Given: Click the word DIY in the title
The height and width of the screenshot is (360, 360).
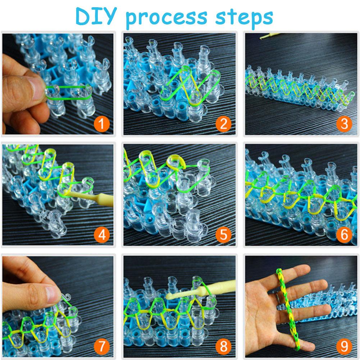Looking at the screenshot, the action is [x=96, y=16].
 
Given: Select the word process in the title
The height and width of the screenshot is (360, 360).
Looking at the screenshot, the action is [x=167, y=18].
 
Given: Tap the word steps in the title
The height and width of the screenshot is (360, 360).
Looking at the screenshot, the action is [x=244, y=18].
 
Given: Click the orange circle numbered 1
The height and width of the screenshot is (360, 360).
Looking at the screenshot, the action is [x=102, y=124].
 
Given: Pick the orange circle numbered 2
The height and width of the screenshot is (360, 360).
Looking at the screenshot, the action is [x=223, y=124].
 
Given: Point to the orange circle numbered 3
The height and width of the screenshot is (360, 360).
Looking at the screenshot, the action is [x=344, y=124].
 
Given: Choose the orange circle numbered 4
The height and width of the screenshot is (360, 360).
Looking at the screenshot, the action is [x=102, y=235].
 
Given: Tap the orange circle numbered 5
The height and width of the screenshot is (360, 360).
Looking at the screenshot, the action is [x=223, y=235].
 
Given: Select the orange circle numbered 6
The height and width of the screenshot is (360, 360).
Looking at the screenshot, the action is [x=344, y=235].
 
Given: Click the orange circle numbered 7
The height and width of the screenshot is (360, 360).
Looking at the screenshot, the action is [x=102, y=346].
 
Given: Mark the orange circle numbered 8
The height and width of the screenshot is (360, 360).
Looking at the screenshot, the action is [x=223, y=346].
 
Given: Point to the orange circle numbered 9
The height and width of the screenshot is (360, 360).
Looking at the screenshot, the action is [x=344, y=346].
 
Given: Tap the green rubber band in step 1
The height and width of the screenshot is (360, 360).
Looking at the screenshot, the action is [x=69, y=92].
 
